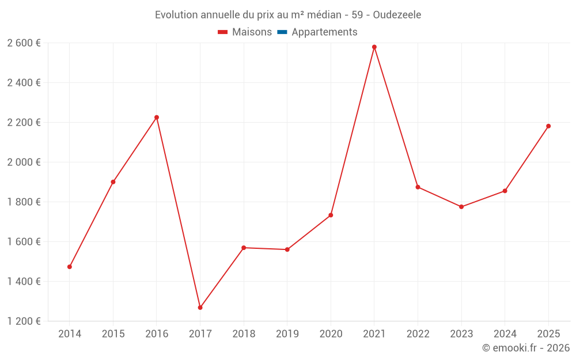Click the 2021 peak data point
(374, 47)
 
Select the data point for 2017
(200, 308)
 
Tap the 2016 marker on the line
(157, 118)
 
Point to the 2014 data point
(70, 267)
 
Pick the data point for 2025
(548, 126)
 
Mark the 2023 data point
(461, 207)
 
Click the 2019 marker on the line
(287, 249)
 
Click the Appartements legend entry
(324, 32)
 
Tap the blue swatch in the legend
(282, 32)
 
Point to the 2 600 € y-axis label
(24, 43)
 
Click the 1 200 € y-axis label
(24, 321)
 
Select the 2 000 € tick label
(24, 162)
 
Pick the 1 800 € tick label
(24, 202)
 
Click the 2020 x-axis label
(331, 334)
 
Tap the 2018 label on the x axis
(244, 334)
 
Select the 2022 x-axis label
(418, 334)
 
